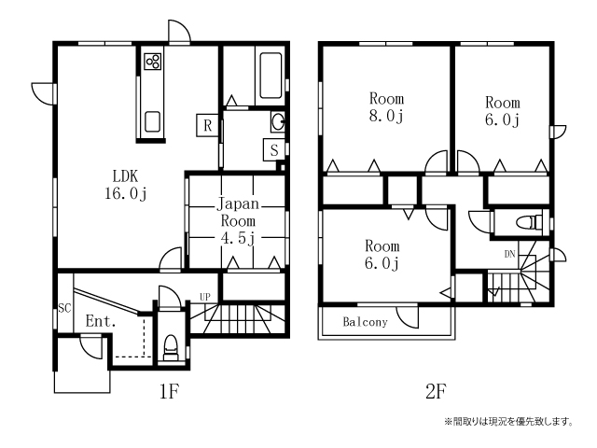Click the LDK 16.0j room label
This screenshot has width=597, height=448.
click(126, 185)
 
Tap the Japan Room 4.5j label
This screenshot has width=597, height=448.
click(238, 221)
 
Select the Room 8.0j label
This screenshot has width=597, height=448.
click(386, 107)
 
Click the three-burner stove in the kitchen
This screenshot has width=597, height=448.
click(153, 62)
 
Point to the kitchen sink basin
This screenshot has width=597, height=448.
click(152, 121)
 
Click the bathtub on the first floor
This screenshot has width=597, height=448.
click(271, 76)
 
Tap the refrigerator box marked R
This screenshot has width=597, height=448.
click(207, 125)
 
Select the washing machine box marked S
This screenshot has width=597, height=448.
click(274, 149)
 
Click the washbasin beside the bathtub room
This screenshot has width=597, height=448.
click(278, 122)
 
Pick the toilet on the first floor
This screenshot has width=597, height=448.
click(170, 348)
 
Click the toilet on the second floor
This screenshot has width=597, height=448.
click(529, 222)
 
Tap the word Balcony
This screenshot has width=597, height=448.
click(365, 322)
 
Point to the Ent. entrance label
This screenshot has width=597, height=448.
click(101, 321)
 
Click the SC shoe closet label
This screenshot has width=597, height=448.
click(64, 308)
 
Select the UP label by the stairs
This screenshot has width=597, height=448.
click(205, 297)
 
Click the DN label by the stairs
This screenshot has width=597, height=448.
click(509, 254)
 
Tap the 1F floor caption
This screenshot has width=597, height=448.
click(170, 391)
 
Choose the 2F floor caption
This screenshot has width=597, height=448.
click(436, 391)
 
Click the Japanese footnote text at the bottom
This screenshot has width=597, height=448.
click(508, 421)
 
